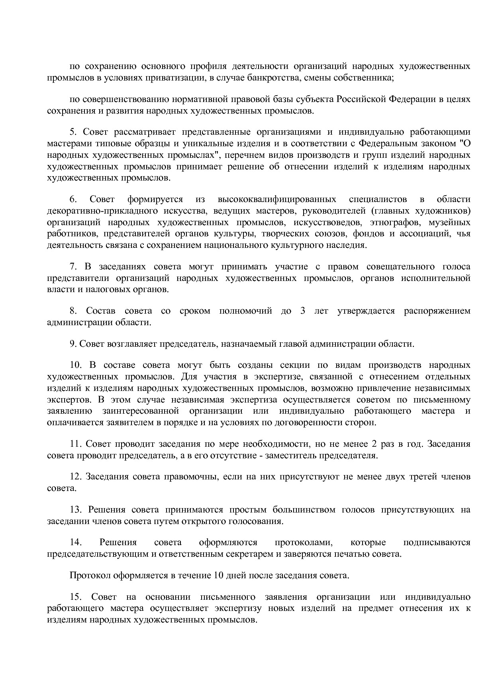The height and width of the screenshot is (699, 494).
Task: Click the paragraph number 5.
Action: tap(73, 132)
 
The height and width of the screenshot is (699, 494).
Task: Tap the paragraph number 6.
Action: tap(73, 199)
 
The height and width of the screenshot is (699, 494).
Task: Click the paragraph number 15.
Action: tap(76, 597)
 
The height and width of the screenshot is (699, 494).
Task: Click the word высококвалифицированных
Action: tap(276, 199)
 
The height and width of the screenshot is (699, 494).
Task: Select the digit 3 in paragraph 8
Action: tap(303, 311)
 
